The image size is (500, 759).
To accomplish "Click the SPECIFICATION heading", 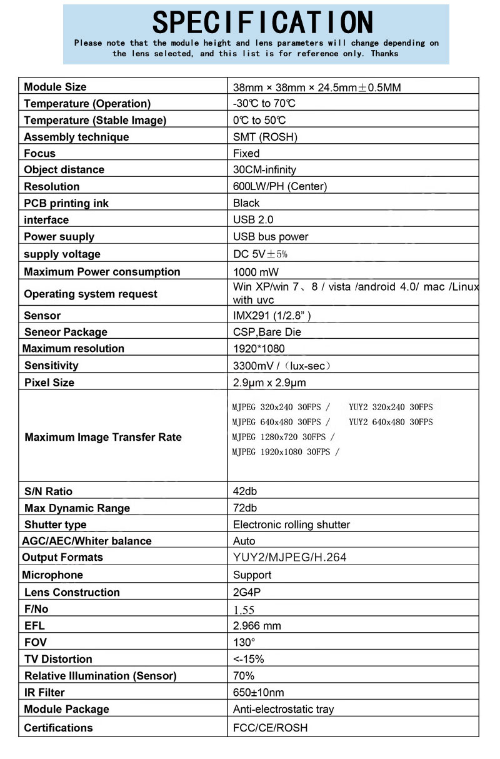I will [262, 23].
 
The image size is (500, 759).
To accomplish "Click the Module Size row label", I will [55, 87].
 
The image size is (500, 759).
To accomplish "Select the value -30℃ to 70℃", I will [264, 104].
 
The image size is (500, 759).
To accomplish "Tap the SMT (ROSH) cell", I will [265, 137].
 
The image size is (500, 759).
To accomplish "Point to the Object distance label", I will [64, 170].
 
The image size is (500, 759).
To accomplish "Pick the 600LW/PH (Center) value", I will [279, 186].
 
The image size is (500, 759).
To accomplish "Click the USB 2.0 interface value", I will [253, 219].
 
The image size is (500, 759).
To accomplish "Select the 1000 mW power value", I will [256, 272].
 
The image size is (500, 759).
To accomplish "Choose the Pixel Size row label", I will [49, 383].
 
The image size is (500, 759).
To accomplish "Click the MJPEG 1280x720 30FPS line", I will [283, 437].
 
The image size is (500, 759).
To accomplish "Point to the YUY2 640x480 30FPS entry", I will [391, 422].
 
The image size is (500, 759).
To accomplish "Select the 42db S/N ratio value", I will [245, 491].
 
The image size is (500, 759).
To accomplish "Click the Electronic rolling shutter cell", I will [291, 525].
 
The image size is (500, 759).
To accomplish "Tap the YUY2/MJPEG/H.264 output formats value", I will [289, 557].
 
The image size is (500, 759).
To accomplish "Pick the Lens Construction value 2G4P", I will [247, 592].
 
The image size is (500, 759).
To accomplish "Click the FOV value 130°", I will [244, 642].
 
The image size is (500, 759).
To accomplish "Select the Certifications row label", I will [58, 728].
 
